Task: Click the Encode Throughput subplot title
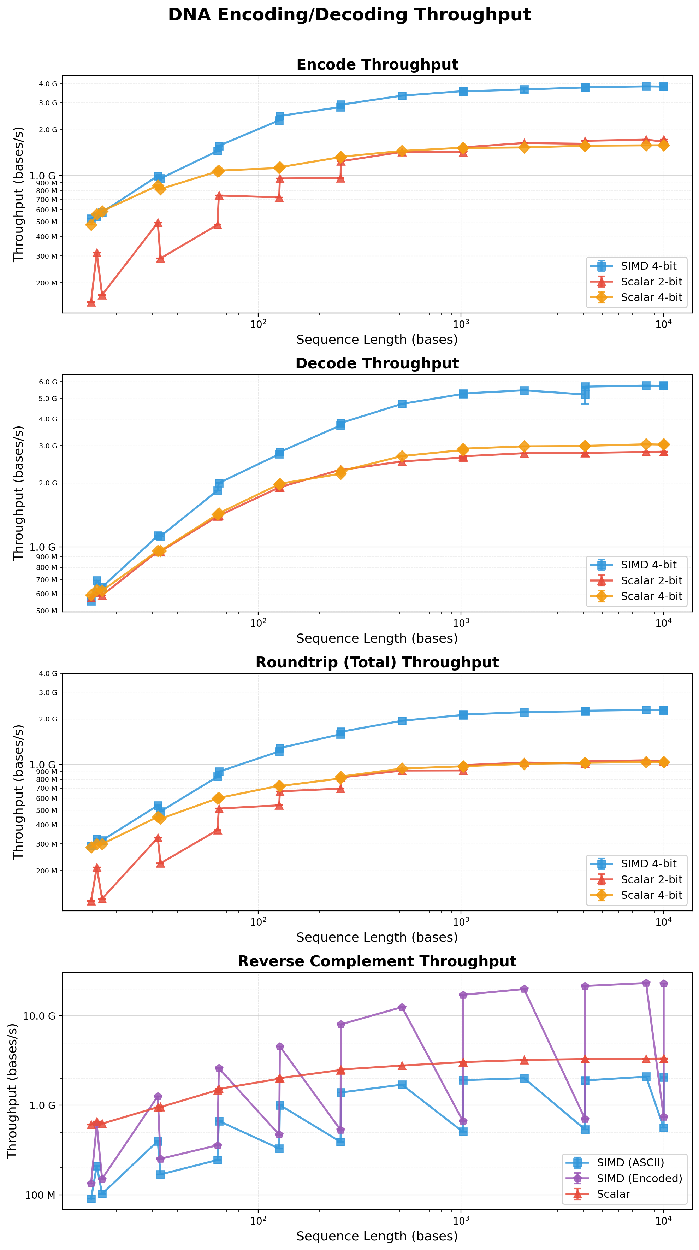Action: click(377, 65)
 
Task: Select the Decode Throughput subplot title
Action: click(377, 364)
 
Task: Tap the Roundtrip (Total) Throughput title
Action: click(377, 662)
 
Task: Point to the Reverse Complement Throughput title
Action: click(377, 961)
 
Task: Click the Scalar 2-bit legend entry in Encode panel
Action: click(651, 282)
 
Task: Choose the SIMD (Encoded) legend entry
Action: click(639, 1179)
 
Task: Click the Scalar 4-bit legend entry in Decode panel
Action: click(651, 596)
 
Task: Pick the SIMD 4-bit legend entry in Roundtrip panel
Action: click(648, 864)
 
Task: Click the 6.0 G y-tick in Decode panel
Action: click(48, 382)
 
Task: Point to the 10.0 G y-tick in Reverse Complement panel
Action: click(39, 1016)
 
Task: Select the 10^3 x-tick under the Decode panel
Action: click(460, 623)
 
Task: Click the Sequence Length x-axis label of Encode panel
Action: click(377, 340)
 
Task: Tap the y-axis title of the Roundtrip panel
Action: click(18, 792)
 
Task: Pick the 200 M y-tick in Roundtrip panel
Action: click(48, 871)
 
